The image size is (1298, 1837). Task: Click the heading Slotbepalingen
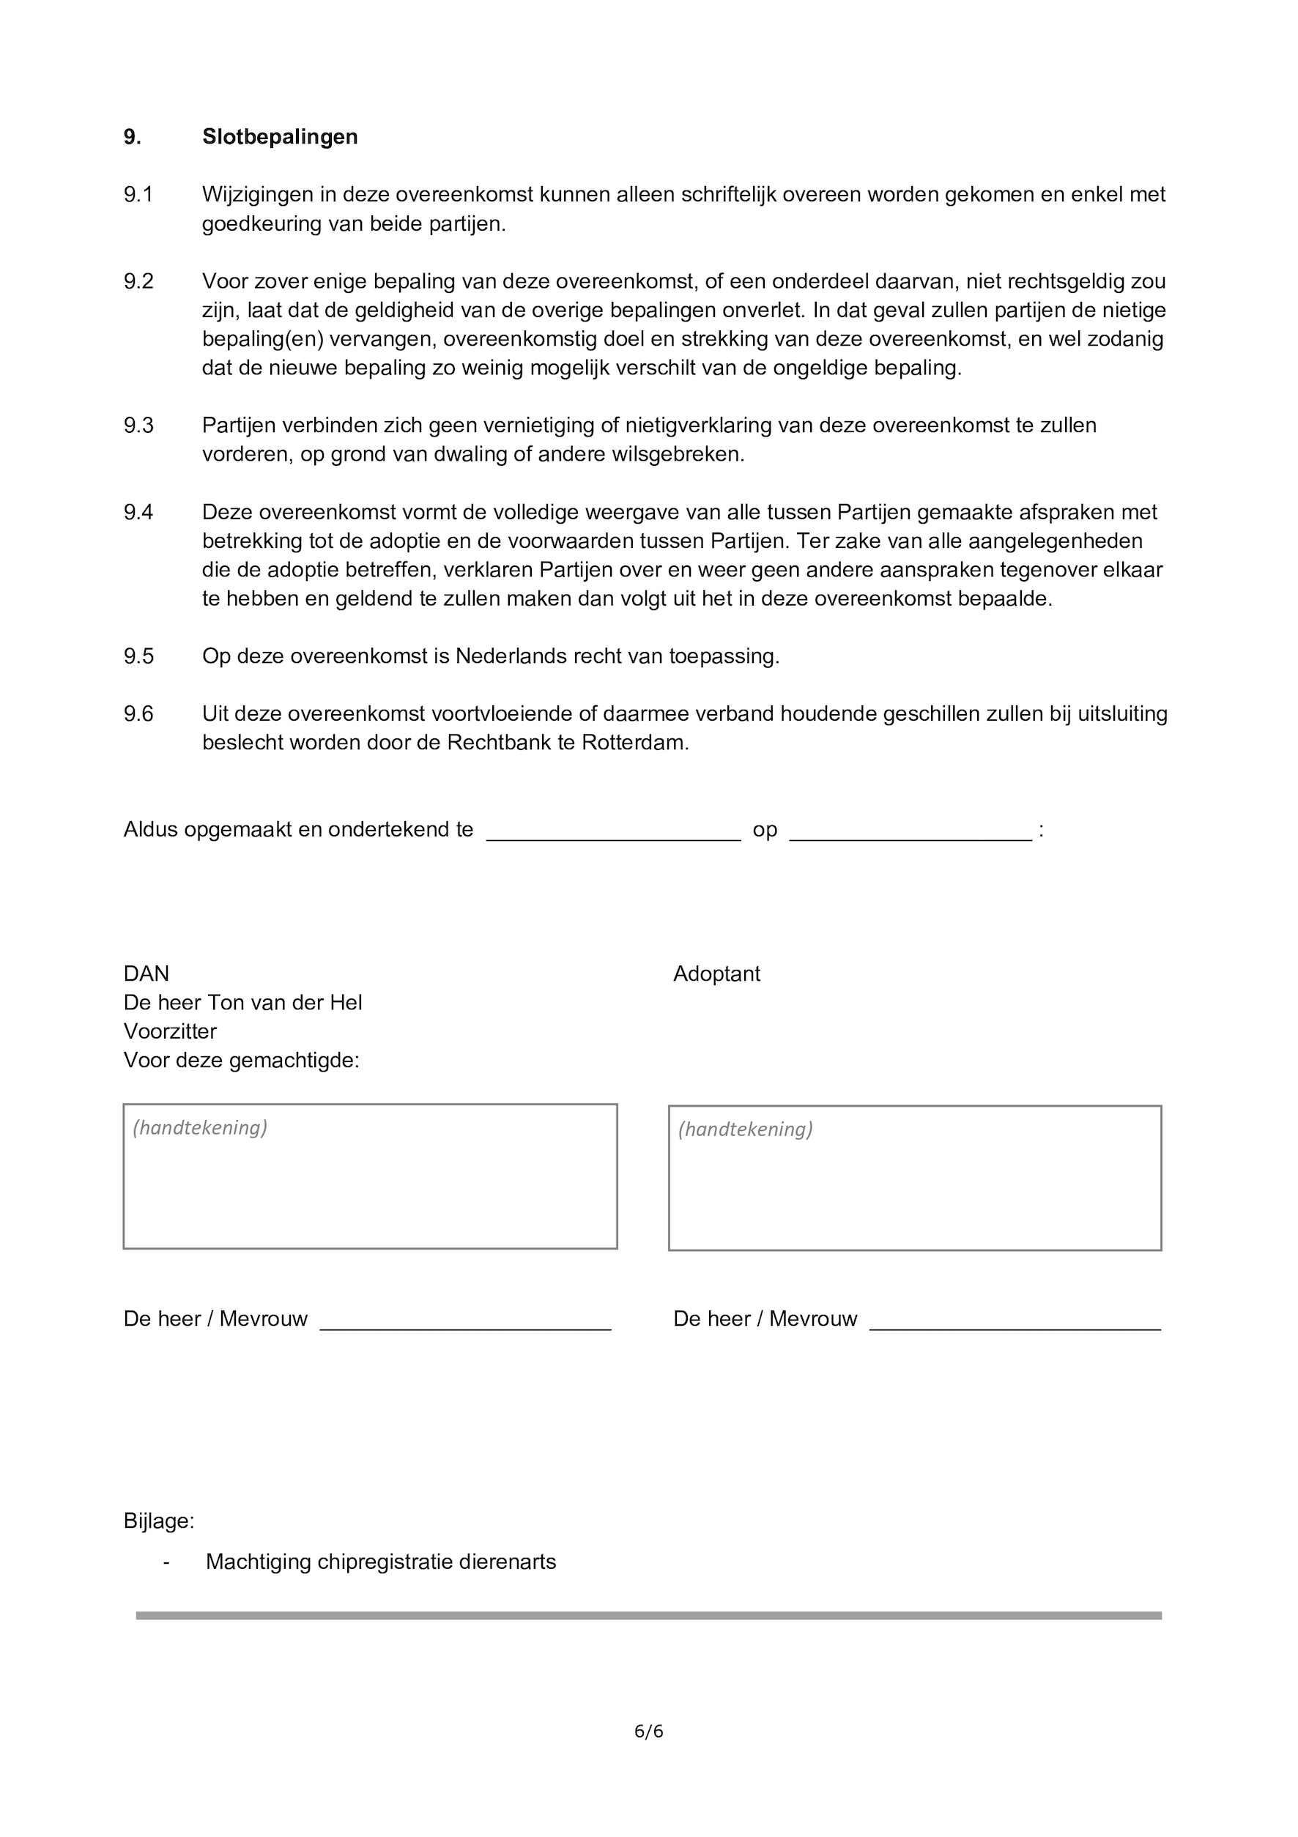tap(279, 137)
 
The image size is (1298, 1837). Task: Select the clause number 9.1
tap(138, 194)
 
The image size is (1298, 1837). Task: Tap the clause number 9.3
tap(138, 425)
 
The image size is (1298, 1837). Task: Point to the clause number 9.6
tap(138, 713)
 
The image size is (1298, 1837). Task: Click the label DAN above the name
tap(146, 973)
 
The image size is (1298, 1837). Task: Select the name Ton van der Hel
tap(284, 1003)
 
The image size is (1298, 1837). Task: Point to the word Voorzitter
tap(170, 1031)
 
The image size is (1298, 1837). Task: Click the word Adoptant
tap(716, 973)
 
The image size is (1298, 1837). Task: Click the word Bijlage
tap(157, 1521)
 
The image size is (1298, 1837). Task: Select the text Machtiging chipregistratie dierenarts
tap(380, 1562)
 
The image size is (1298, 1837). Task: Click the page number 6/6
tap(648, 1732)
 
